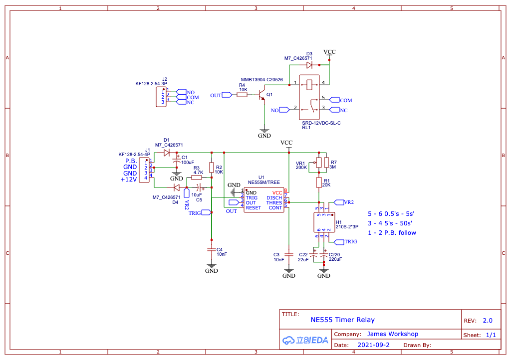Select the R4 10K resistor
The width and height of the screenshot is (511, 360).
click(x=242, y=95)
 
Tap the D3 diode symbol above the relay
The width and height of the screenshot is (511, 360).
click(x=309, y=65)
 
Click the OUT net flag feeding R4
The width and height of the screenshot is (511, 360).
click(x=227, y=95)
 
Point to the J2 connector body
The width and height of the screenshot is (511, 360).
click(x=160, y=97)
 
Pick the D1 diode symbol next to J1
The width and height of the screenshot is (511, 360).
click(x=167, y=153)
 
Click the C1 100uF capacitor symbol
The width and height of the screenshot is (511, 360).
click(x=176, y=162)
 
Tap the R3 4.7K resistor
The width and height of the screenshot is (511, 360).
click(x=197, y=177)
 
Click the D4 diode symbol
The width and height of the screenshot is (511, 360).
click(x=176, y=187)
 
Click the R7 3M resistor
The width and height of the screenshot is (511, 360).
click(x=326, y=163)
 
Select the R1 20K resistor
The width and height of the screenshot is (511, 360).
click(x=318, y=183)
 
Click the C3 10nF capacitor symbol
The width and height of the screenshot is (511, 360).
click(x=289, y=254)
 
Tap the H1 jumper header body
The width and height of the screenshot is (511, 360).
click(x=323, y=221)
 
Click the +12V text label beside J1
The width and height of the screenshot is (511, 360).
click(x=129, y=180)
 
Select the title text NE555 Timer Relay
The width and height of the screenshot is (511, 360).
click(x=342, y=320)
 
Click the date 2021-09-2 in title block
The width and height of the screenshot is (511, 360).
click(x=373, y=345)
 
